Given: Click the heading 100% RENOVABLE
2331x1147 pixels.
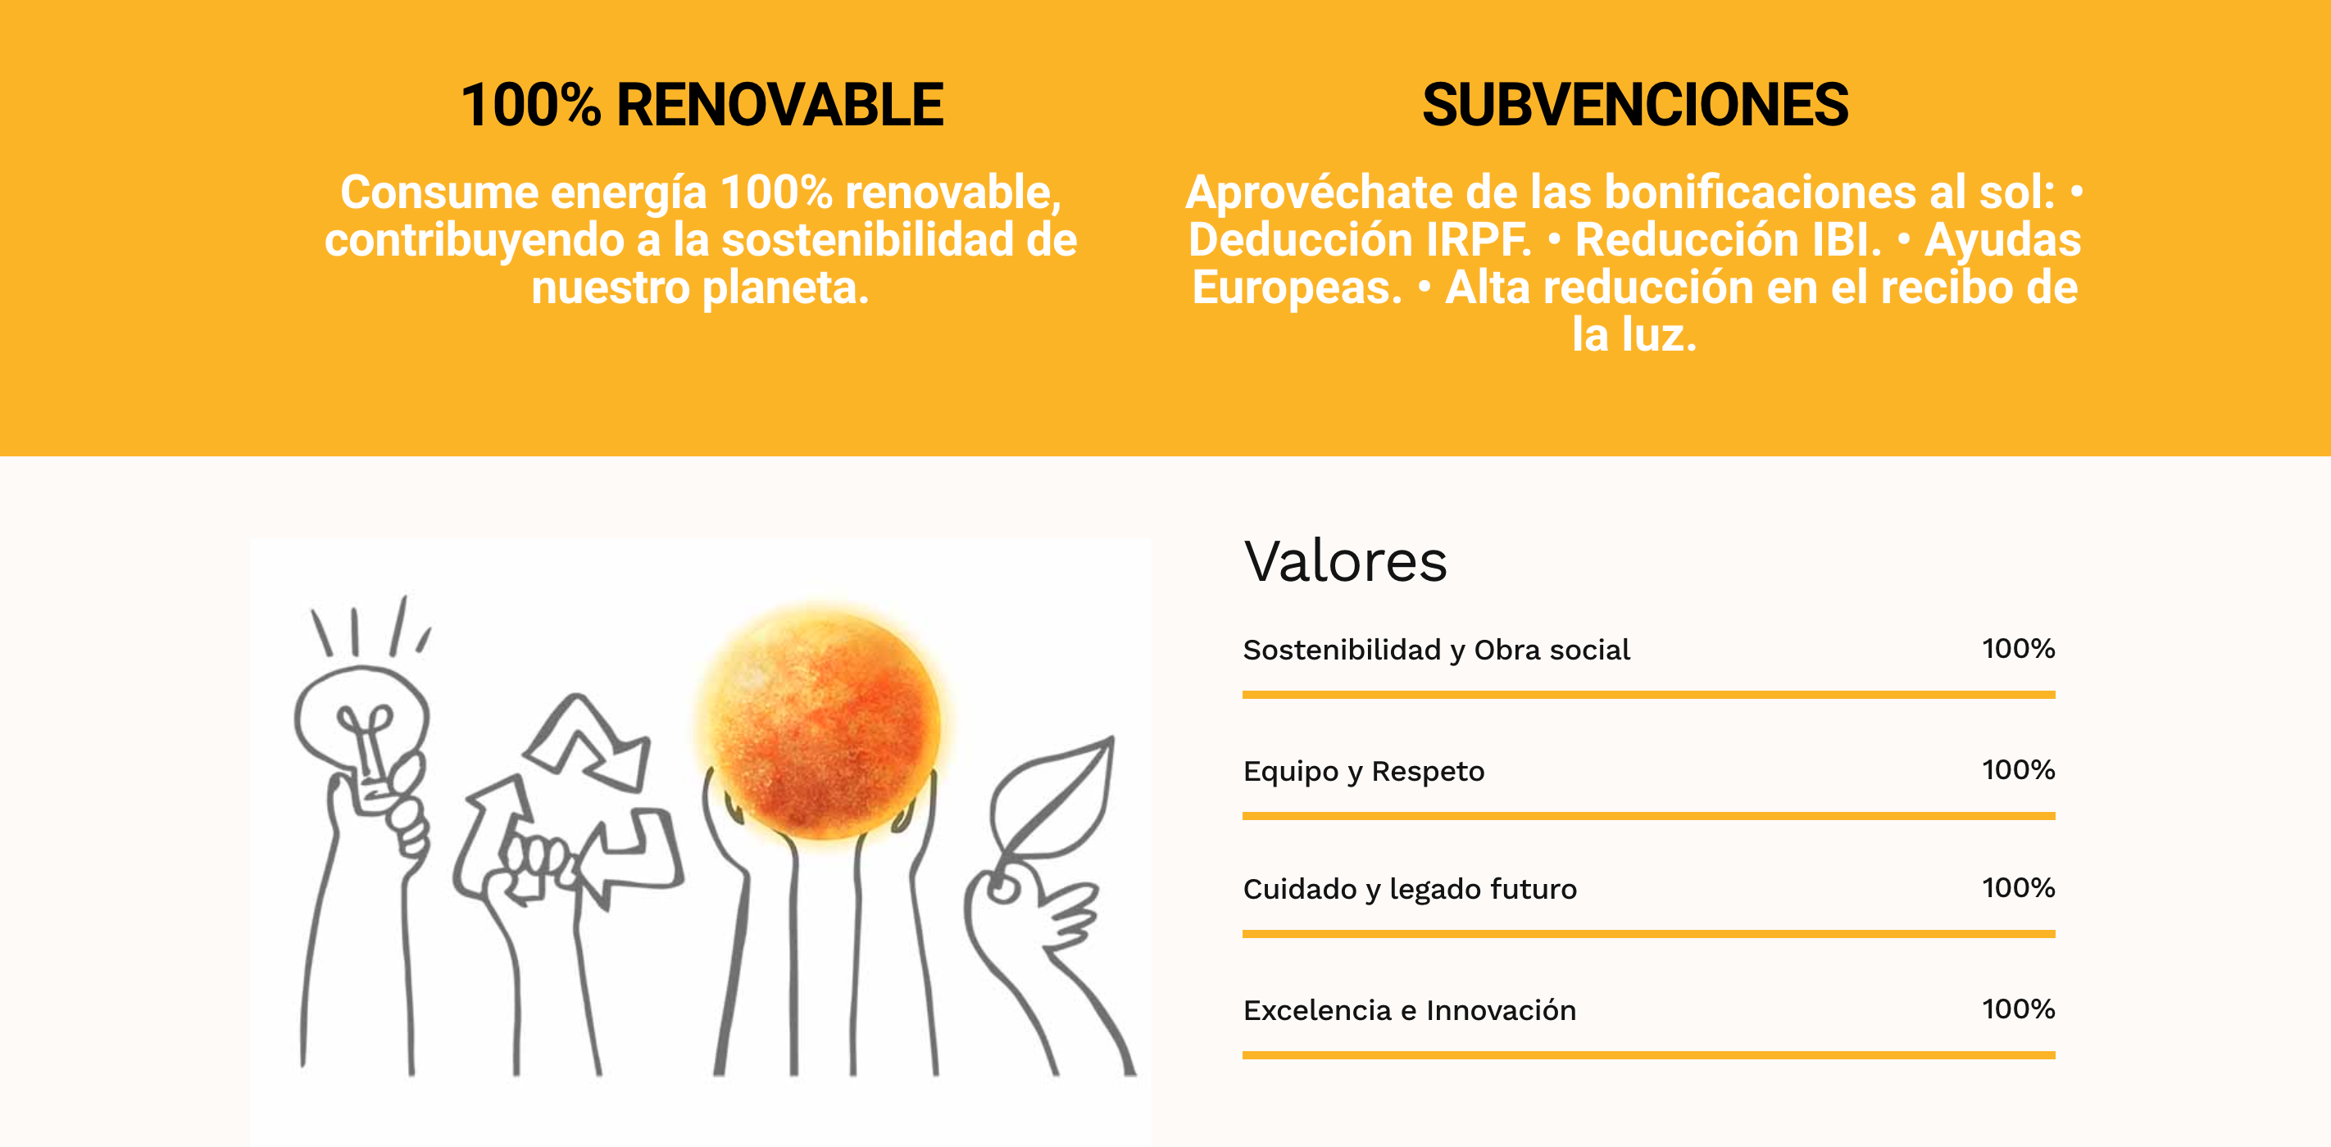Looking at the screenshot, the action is pos(702,105).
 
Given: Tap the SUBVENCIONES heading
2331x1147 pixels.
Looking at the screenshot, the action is pos(1635,105).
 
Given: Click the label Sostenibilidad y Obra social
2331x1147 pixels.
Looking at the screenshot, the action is pos(1436,650).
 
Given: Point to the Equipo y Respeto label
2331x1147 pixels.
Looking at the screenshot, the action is pos(1364,771).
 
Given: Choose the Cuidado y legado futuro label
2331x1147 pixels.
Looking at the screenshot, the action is pos(1410,889).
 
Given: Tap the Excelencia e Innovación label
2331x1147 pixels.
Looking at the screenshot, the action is pos(1410,1009).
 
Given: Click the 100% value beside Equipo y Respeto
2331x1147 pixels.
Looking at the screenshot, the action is pos(2018,770).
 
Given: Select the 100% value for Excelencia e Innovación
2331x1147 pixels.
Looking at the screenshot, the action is pos(2018,1009).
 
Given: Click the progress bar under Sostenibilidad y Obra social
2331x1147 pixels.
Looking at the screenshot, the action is pos(1649,695).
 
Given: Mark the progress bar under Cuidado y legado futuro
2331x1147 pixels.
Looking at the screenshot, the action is pos(1649,933).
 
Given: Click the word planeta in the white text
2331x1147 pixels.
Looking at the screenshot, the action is pos(785,288).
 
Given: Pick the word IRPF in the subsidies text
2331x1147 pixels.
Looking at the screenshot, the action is pos(1479,241).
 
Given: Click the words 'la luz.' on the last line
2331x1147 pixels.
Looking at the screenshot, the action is pos(1634,336).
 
